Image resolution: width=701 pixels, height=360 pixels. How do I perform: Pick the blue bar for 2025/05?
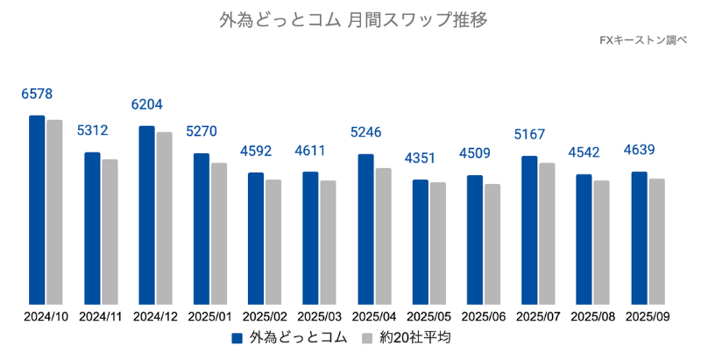point(421,241)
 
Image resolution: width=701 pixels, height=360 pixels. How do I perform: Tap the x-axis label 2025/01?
point(210,316)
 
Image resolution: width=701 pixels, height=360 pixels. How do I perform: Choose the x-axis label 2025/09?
point(648,316)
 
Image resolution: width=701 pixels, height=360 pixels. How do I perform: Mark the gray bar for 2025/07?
point(547,232)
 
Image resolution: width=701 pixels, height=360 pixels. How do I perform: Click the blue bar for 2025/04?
point(365,228)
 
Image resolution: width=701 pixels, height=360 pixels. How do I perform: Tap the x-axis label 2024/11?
point(101,316)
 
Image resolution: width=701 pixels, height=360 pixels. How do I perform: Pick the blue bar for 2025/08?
point(584,238)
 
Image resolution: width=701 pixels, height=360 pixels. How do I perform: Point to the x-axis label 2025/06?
point(484,316)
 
